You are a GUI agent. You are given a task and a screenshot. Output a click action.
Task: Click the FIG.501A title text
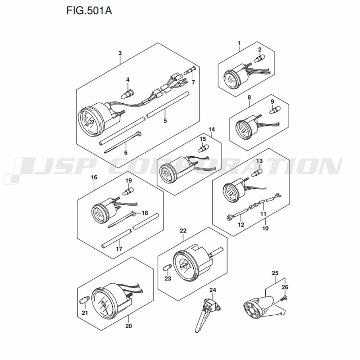click(89, 11)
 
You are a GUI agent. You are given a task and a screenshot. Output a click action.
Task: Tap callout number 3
click(120, 53)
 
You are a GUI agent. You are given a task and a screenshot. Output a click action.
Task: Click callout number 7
click(193, 82)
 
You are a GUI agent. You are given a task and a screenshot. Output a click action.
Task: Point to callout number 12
click(241, 225)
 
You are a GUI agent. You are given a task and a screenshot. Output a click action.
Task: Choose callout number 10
click(265, 228)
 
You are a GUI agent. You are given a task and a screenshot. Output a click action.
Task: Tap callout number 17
click(119, 249)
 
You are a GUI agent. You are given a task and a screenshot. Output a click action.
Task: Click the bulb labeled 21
click(85, 299)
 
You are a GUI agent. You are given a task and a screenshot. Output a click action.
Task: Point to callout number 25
click(275, 273)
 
